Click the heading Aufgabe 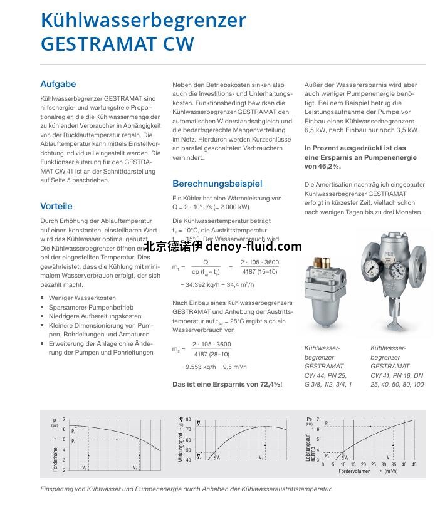coord(58,84)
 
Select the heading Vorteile coord(56,206)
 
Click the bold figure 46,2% coord(330,167)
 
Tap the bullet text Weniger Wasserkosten coord(82,298)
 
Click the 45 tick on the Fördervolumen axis coord(414,465)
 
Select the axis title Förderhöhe coord(55,459)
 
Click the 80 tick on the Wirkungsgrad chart coord(188,419)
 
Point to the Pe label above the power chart coord(309,419)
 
